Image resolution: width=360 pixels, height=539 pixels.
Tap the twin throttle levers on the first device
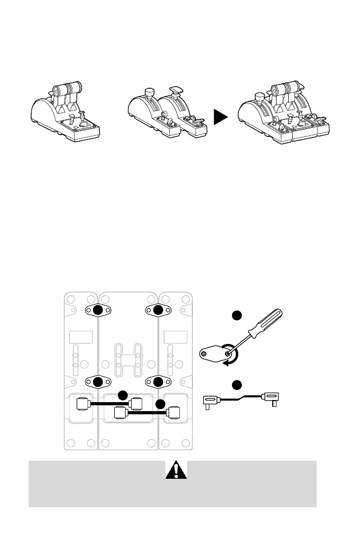pos(66,88)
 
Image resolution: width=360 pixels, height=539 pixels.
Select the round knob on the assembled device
pos(259,97)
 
